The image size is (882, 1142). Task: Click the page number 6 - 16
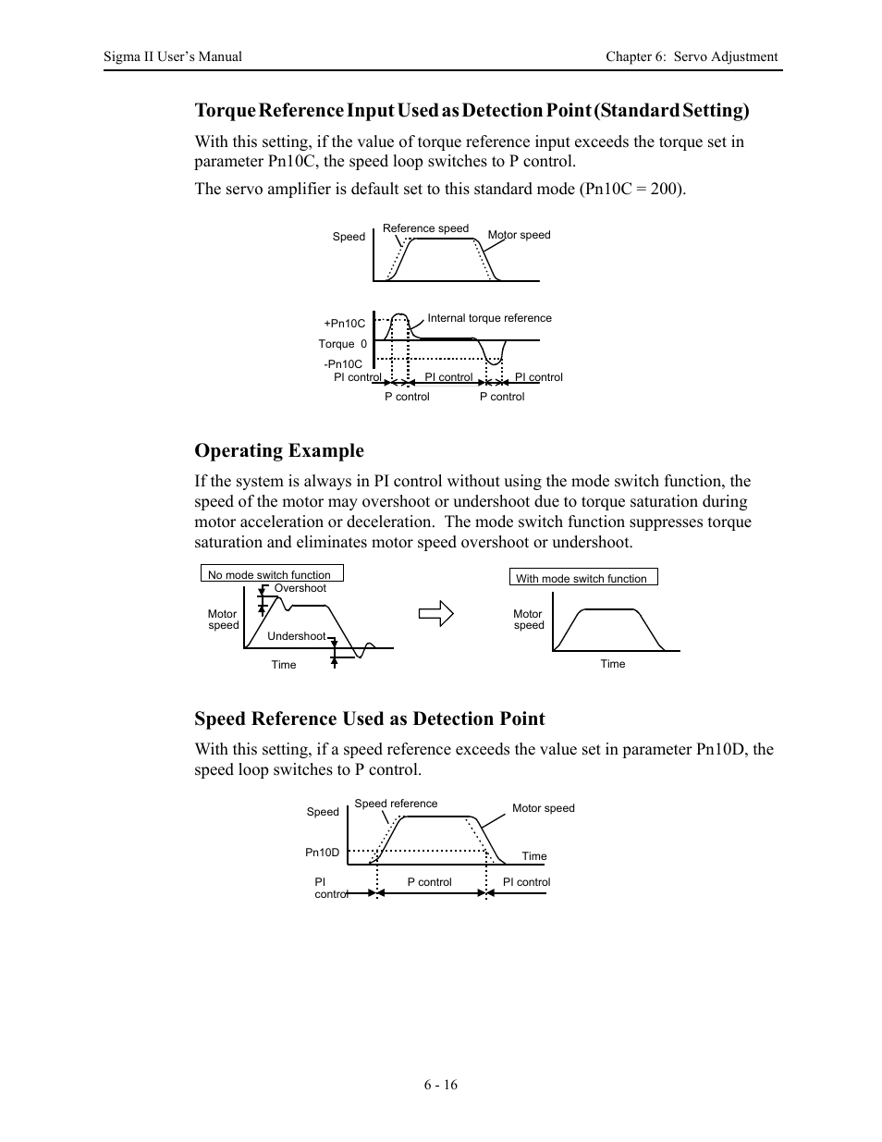[x=441, y=1085]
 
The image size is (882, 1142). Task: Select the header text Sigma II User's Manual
[x=173, y=56]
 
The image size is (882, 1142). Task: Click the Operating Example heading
[x=279, y=450]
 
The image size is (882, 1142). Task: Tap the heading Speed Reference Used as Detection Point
[x=370, y=718]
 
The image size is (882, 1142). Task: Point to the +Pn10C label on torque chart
[x=344, y=324]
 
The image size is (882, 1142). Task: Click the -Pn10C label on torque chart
[x=343, y=364]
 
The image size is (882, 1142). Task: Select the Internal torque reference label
[x=489, y=318]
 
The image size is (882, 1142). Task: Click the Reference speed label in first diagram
[x=425, y=228]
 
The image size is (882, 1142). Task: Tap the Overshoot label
[x=300, y=588]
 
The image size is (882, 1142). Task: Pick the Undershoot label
[x=296, y=636]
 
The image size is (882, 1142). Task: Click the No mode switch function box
[x=272, y=574]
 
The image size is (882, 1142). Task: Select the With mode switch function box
[x=583, y=578]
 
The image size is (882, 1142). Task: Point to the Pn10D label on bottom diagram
[x=323, y=853]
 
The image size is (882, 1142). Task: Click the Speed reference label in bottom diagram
[x=396, y=804]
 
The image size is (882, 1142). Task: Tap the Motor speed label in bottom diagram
[x=544, y=808]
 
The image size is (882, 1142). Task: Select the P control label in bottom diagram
[x=430, y=882]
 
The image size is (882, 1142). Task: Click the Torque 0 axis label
[x=343, y=344]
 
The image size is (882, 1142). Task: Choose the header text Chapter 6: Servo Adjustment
[x=692, y=56]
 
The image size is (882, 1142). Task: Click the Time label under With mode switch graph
[x=613, y=664]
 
